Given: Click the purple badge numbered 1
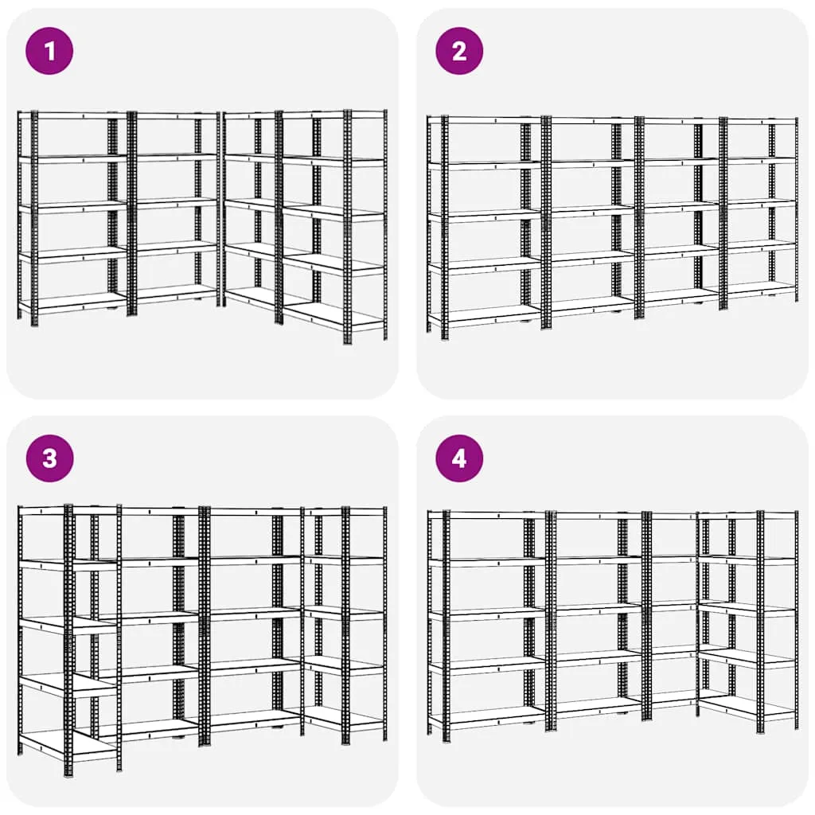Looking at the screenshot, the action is [49, 51].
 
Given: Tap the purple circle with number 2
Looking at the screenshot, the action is [459, 51].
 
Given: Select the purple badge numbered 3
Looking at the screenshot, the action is [49, 458].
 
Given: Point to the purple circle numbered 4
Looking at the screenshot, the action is [459, 458].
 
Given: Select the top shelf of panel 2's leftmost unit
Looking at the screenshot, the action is [486, 120].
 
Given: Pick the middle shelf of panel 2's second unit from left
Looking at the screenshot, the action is [592, 210].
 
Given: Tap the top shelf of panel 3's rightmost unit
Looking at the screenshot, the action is [345, 512].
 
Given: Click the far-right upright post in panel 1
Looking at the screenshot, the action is [385, 224].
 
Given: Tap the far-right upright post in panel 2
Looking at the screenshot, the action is [796, 210].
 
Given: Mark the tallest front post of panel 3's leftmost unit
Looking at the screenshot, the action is [68, 640].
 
